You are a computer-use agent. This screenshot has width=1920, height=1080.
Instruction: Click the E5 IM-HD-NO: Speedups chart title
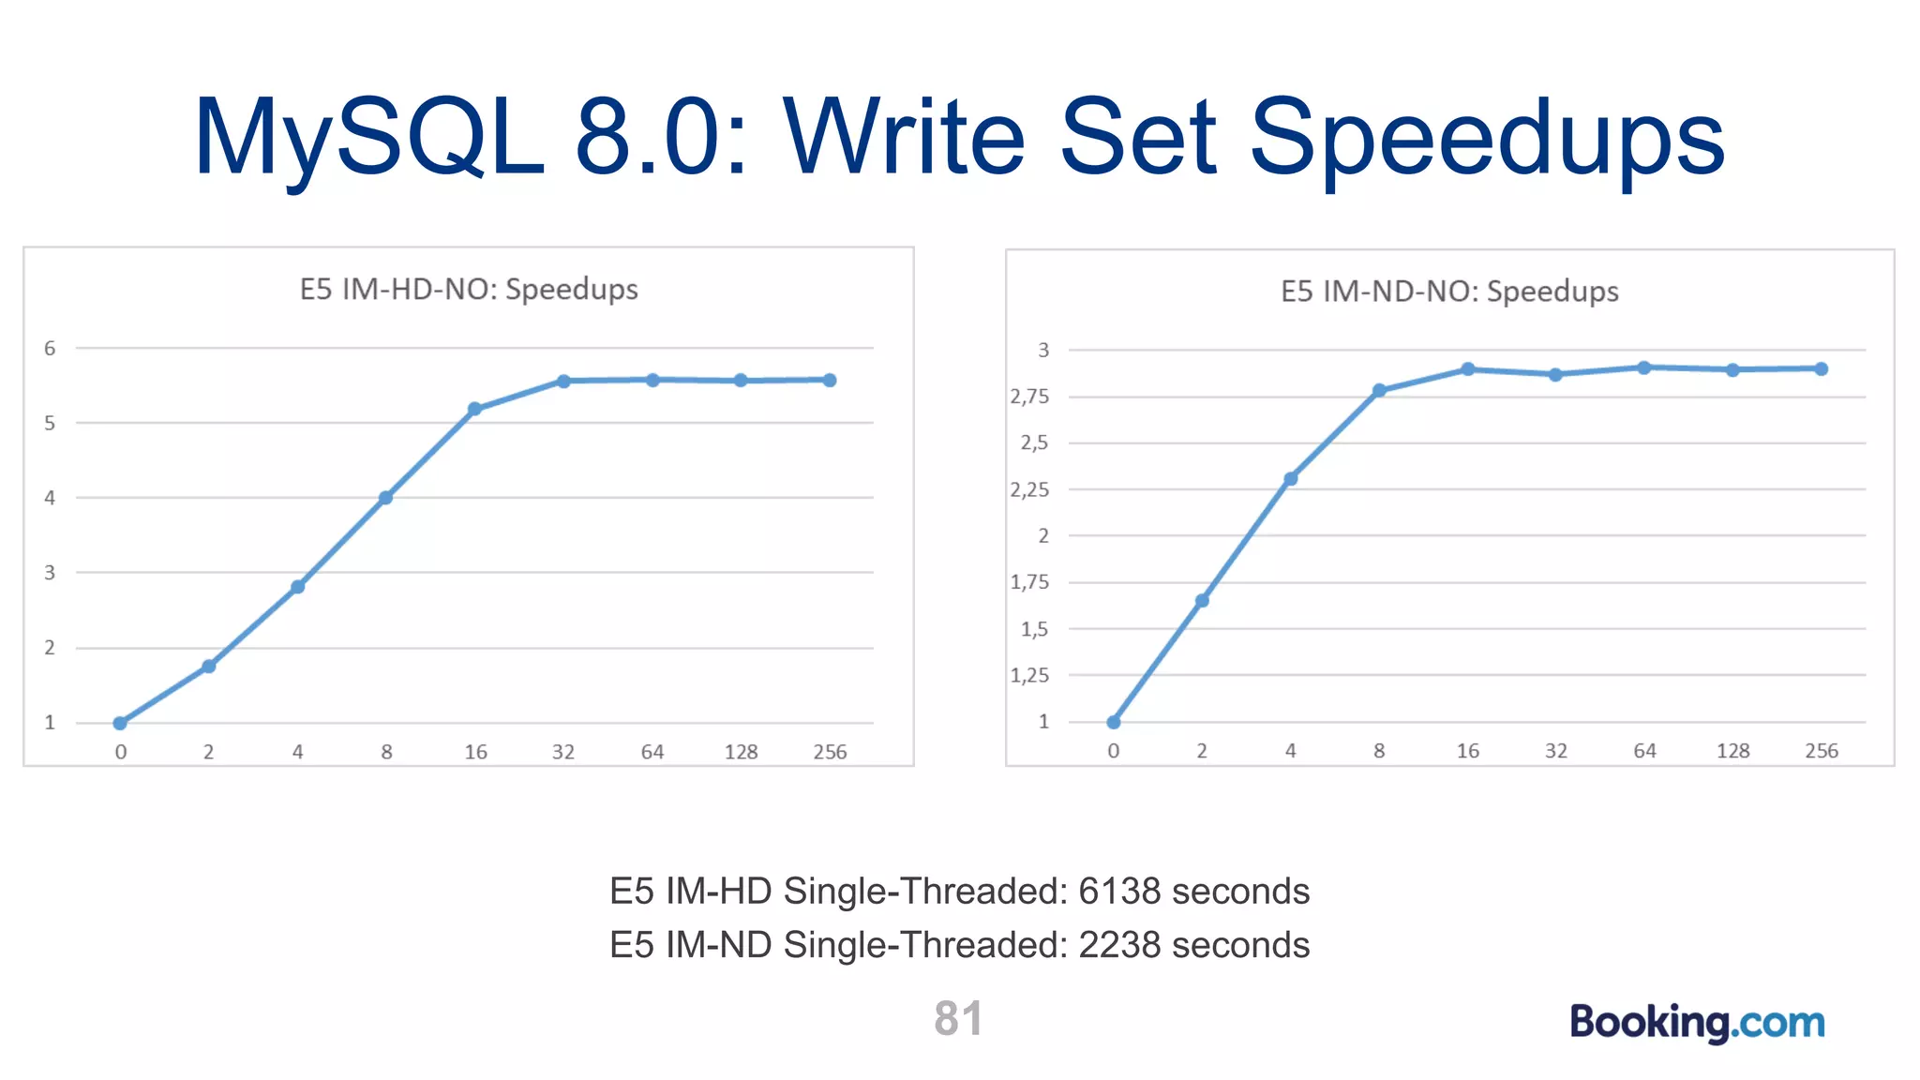pos(469,289)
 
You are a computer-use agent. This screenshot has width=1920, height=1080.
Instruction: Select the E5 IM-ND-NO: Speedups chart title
pos(1449,292)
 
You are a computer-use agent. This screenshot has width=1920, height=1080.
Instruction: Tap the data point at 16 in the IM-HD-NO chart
pos(474,409)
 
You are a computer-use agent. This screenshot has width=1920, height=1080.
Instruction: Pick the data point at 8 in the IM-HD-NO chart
pos(385,498)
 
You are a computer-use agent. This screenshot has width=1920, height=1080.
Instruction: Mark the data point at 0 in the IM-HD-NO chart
pos(120,723)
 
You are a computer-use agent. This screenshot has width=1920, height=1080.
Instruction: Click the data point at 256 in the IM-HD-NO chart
pos(830,380)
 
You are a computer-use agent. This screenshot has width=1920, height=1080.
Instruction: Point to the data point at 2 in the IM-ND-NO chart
pos(1202,601)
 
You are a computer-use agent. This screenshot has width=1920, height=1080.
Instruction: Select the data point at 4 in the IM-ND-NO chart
pos(1291,479)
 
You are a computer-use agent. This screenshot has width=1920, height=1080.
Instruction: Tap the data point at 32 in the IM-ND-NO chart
pos(1556,375)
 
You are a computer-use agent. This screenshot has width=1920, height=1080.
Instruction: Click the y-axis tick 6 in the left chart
pos(50,349)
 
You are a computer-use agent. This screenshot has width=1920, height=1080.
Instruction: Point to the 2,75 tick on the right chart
pos(1029,397)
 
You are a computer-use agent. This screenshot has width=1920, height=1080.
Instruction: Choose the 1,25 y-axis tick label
pos(1029,675)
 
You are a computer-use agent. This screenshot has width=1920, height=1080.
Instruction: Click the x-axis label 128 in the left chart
pos(741,752)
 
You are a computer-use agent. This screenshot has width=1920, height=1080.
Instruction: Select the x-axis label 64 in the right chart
pos(1644,751)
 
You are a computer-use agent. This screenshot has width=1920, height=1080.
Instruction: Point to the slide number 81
pos(958,1018)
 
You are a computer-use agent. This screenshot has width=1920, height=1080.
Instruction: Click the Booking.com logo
pos(1697,1022)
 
